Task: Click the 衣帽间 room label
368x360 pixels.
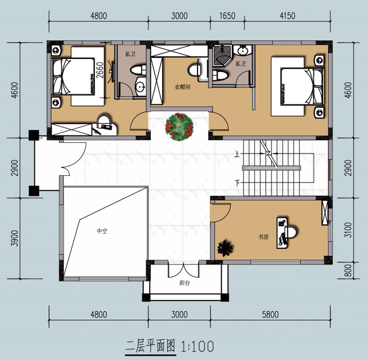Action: pyautogui.click(x=182, y=87)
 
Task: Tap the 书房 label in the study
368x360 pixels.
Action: pyautogui.click(x=263, y=237)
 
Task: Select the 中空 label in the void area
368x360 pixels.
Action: pyautogui.click(x=102, y=231)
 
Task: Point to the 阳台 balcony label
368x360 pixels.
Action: pyautogui.click(x=185, y=283)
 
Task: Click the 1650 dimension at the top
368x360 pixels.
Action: pyautogui.click(x=227, y=16)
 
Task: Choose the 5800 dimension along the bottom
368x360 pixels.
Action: pyautogui.click(x=270, y=315)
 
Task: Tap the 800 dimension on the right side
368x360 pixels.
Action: pyautogui.click(x=348, y=271)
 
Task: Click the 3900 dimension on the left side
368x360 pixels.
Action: pyautogui.click(x=15, y=238)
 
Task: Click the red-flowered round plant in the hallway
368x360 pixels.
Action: pyautogui.click(x=180, y=127)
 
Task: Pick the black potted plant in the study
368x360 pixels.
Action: pyautogui.click(x=226, y=248)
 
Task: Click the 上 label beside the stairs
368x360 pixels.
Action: pyautogui.click(x=237, y=154)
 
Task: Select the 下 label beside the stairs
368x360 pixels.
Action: pyautogui.click(x=237, y=183)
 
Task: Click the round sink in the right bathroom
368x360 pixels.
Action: pyautogui.click(x=242, y=51)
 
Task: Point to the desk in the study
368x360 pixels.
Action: pyautogui.click(x=282, y=233)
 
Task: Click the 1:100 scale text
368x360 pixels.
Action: pyautogui.click(x=197, y=346)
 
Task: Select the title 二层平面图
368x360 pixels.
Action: pyautogui.click(x=150, y=346)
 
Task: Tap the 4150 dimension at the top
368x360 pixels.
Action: pyautogui.click(x=287, y=16)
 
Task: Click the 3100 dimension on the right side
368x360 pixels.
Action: pyautogui.click(x=348, y=230)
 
